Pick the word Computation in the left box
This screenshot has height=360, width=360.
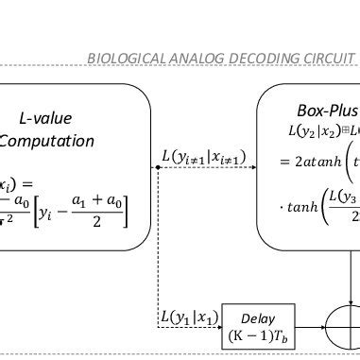[x=47, y=141]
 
